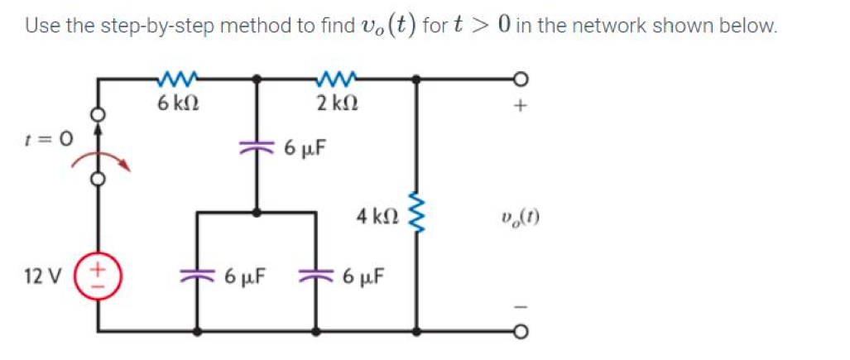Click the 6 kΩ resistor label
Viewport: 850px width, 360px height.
coord(176,105)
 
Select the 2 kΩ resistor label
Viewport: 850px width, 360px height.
coord(336,105)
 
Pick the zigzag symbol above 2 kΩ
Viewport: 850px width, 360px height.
coord(336,80)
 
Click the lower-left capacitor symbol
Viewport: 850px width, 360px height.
coord(196,275)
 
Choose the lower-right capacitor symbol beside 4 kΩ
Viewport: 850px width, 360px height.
coord(317,275)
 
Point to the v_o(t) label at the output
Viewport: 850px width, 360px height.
coord(521,219)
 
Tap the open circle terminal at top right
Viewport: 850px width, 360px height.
coord(521,79)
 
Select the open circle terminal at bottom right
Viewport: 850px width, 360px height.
coord(521,332)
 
